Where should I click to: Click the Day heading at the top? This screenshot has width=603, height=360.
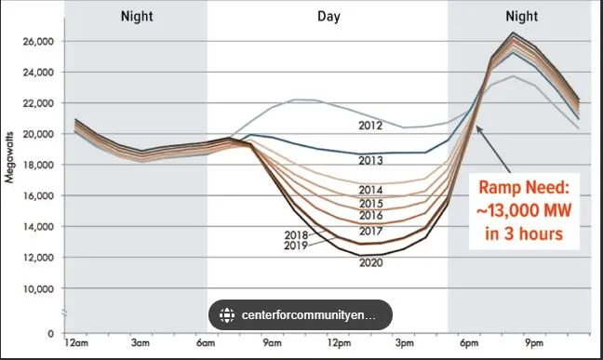point(328,15)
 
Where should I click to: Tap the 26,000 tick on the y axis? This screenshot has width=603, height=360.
point(38,41)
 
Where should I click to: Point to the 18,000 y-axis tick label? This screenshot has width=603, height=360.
point(38,165)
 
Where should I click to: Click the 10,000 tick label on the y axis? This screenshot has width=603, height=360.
point(38,288)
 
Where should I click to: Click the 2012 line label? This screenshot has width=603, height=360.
point(371,125)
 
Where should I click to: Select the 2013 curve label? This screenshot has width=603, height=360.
point(371,162)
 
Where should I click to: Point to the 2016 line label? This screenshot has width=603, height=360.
point(371,216)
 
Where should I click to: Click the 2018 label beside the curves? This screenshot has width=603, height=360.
point(297,236)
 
